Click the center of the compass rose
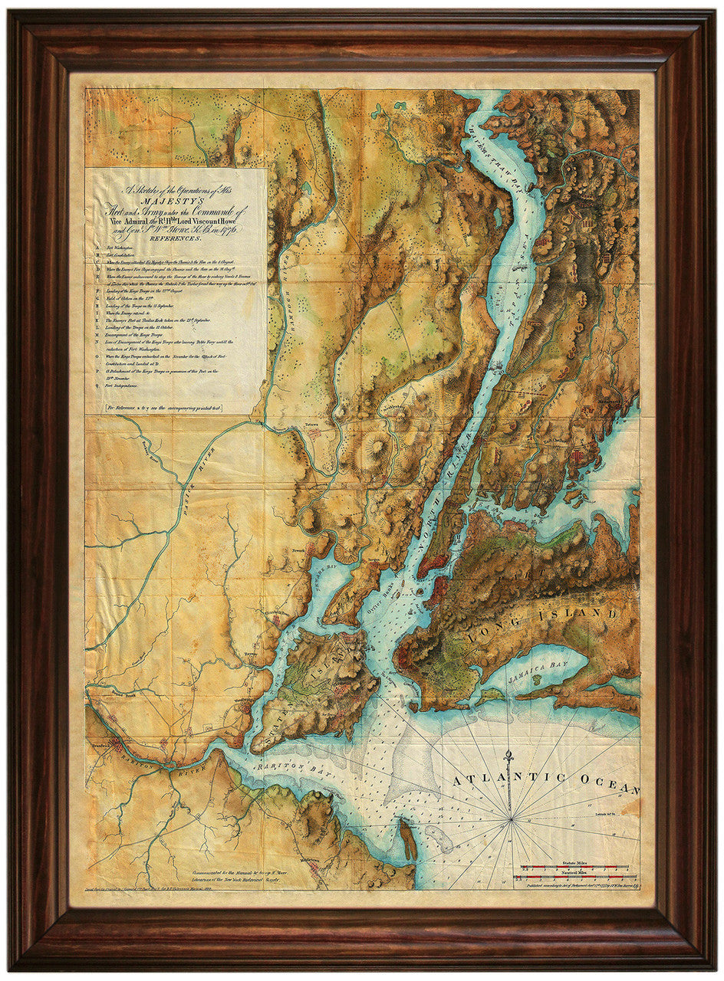pos(511,821)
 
